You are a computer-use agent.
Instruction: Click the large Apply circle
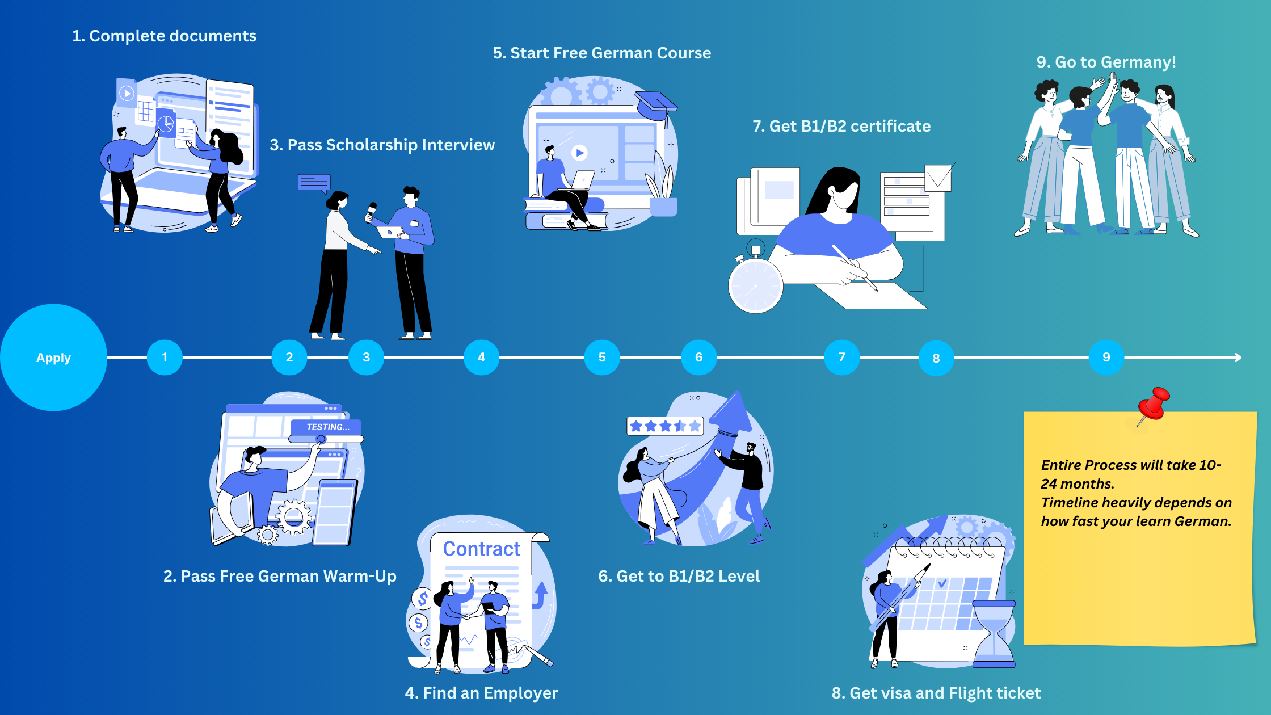coord(53,357)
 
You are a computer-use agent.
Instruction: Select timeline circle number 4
coord(481,357)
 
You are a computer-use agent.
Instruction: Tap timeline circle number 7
coord(841,357)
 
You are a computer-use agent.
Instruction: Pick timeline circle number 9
coord(1106,357)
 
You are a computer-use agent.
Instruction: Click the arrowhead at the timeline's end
coord(1238,357)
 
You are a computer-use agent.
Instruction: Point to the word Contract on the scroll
coord(481,549)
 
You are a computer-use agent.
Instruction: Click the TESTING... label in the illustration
coord(327,427)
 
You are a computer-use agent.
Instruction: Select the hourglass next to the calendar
coord(994,633)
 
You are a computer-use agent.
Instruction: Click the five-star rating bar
coord(665,426)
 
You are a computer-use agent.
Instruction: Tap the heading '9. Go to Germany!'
coord(1106,62)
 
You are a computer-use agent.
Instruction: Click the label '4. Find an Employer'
coord(481,693)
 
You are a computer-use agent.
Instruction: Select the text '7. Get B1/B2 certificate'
coord(841,126)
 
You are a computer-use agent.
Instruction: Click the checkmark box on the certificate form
coord(938,178)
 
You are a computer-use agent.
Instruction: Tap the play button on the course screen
coord(579,153)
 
